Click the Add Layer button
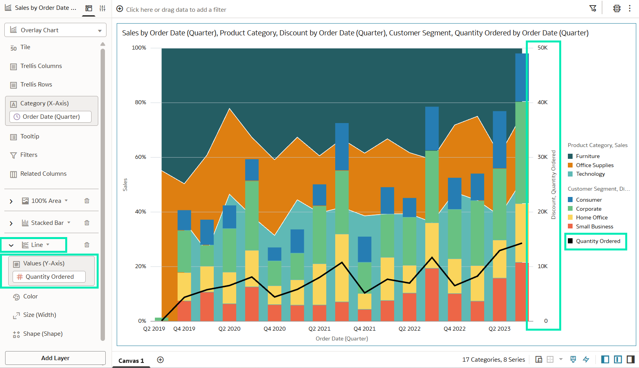(55, 358)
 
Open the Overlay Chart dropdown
(55, 30)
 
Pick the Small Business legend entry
(591, 226)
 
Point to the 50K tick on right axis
(543, 48)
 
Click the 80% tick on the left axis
(140, 102)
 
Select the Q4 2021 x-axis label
(365, 329)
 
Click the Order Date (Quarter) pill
(50, 117)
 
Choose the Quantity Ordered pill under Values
(49, 277)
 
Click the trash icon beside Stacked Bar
(87, 223)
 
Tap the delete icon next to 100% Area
(87, 201)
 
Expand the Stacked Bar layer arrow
(11, 223)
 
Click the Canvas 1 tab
(131, 361)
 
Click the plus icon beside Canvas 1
(160, 360)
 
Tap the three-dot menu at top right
(630, 9)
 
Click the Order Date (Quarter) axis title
(342, 339)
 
